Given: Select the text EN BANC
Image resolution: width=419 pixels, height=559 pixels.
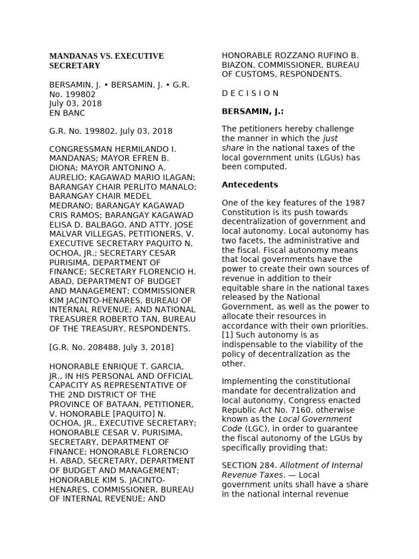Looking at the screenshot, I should (x=67, y=113).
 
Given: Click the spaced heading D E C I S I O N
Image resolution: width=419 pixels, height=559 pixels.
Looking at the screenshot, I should (x=250, y=93).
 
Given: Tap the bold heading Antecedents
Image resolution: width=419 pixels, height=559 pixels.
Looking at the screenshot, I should (x=249, y=185).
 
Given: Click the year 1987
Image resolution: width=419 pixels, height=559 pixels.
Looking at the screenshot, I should (x=355, y=203).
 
